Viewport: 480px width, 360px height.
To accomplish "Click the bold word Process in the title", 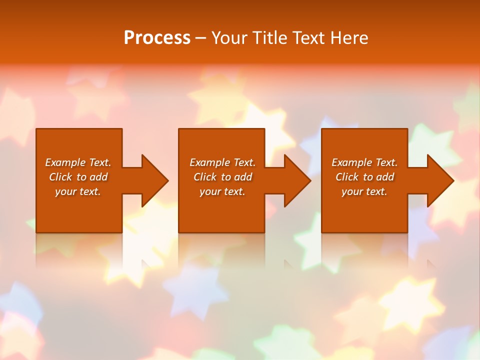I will (x=157, y=38).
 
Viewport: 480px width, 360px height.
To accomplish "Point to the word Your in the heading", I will (x=230, y=38).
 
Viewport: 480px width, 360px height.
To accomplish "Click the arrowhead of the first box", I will (x=155, y=180).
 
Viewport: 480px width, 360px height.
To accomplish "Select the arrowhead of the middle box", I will (x=297, y=180).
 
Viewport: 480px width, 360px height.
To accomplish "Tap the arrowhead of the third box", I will (x=440, y=180).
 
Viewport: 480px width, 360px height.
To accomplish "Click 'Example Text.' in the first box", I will (x=78, y=162).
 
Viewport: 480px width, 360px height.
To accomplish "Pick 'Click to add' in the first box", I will (x=78, y=177).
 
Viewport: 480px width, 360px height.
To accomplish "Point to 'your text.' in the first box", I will (x=78, y=191).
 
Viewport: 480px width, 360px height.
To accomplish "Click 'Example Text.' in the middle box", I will (x=222, y=162).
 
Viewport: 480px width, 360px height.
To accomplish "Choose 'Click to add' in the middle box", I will (x=222, y=177).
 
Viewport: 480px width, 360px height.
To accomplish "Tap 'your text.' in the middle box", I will (x=222, y=191).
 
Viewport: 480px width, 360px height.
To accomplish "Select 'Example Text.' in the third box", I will (x=364, y=162).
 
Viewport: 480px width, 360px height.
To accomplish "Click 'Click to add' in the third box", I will (x=364, y=177).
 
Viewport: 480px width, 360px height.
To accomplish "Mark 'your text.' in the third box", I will (x=364, y=191).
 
